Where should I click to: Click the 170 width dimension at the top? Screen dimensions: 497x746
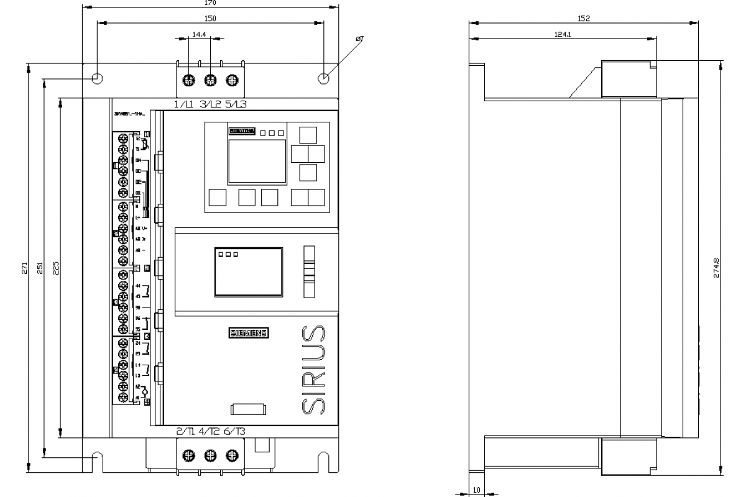click(211, 3)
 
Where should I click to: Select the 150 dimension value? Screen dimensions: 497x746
click(211, 19)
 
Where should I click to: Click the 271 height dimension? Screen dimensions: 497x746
click(24, 268)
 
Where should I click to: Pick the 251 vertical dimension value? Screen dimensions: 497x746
click(40, 268)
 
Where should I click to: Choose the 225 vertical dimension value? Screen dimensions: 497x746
click(55, 268)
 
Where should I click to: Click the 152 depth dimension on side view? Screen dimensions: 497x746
click(583, 19)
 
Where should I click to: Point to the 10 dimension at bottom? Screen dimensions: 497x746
click(477, 490)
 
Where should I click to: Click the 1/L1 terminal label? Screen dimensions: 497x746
click(184, 104)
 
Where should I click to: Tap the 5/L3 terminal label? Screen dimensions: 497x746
click(236, 104)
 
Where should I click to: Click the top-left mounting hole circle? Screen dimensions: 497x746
click(97, 79)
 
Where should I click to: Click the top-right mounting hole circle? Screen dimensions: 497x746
click(323, 79)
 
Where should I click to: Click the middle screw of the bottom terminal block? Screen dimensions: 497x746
click(211, 456)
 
